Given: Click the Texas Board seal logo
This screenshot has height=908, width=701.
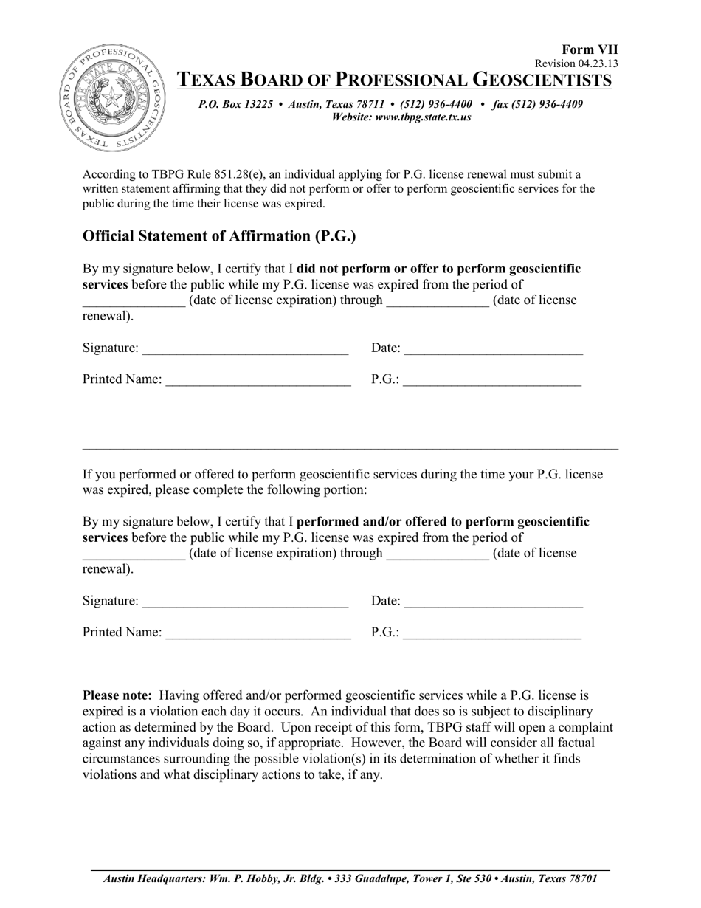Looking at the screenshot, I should (111, 97).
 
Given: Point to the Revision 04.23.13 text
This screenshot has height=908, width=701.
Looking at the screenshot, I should (576, 63).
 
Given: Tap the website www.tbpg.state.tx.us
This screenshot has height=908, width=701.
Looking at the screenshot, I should (424, 117).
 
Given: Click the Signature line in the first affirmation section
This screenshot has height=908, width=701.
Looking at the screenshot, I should (245, 348).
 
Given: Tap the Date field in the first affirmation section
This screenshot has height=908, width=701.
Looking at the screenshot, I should (494, 348).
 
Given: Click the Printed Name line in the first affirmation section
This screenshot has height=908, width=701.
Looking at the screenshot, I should (258, 380).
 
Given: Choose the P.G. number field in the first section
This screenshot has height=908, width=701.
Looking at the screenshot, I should (492, 380).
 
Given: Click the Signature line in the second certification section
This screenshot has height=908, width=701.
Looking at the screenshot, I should (245, 602).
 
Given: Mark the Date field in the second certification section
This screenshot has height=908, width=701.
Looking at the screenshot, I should (494, 602).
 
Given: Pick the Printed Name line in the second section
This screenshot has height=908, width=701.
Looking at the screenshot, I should (258, 633).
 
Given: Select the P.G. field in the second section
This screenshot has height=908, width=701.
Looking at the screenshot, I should (492, 633).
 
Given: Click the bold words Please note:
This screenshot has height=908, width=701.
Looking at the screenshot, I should (117, 695).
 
